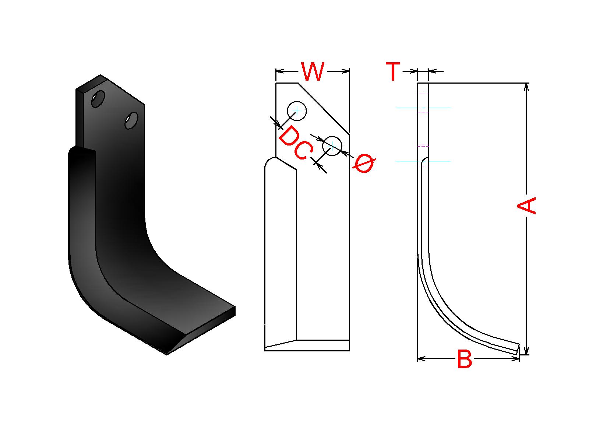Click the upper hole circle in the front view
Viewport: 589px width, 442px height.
click(x=297, y=110)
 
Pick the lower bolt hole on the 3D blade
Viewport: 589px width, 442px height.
click(x=131, y=120)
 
